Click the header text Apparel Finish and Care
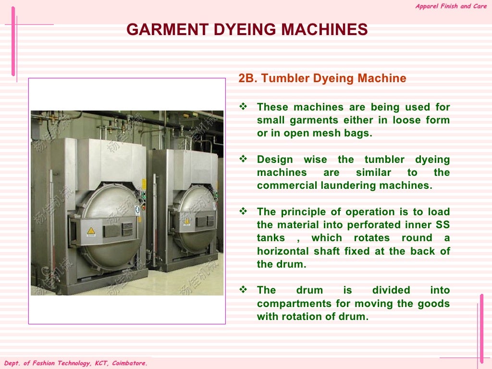pos(451,6)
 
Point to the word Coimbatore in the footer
pos(129,364)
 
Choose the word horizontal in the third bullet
pos(281,251)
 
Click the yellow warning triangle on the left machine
pos(91,231)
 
